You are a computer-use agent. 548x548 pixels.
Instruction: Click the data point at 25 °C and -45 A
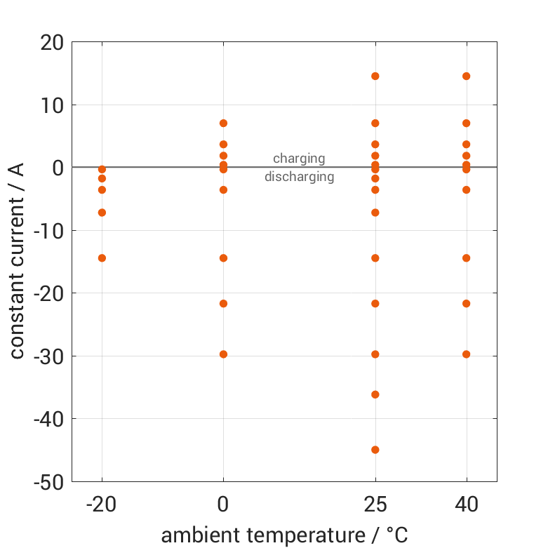375,450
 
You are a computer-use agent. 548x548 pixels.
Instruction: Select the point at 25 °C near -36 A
375,394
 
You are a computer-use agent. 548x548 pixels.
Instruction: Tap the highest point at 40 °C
466,76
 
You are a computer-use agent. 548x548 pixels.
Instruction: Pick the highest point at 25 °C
375,76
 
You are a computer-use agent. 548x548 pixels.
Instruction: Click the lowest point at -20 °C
102,258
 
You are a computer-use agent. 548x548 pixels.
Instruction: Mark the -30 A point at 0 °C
223,354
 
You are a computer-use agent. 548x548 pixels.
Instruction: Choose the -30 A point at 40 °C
466,354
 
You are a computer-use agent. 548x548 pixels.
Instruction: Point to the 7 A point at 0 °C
223,123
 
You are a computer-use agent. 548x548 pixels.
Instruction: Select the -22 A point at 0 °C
223,304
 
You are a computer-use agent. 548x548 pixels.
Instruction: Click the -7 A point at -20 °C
102,213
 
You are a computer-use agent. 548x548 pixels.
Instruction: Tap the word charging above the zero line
299,159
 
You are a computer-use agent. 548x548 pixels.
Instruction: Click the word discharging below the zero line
299,177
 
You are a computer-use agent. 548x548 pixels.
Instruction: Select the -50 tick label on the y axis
46,482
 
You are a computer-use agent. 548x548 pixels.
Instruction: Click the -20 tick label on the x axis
102,504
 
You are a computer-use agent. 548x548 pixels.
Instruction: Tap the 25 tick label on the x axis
375,504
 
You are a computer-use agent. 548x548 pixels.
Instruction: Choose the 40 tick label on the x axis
466,504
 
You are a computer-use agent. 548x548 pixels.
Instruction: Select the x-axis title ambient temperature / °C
284,535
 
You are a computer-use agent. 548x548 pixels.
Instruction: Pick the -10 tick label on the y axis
46,231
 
